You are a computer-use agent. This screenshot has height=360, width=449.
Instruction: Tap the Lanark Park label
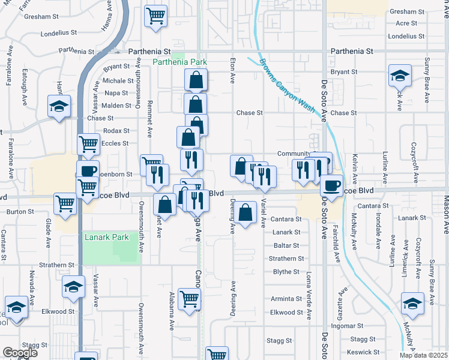(106, 238)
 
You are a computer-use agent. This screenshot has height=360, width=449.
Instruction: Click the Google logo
(20, 353)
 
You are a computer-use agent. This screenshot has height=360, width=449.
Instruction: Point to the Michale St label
(117, 80)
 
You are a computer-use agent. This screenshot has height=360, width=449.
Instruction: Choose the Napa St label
(116, 93)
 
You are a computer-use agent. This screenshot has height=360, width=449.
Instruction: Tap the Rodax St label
(116, 130)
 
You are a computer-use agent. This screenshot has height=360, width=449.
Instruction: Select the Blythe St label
(286, 272)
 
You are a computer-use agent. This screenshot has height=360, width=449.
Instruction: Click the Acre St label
(406, 23)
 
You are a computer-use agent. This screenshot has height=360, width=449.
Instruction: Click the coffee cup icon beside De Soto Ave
(331, 184)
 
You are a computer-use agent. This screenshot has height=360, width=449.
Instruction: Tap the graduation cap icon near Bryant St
(399, 75)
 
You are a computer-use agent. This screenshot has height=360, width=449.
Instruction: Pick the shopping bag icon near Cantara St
(245, 212)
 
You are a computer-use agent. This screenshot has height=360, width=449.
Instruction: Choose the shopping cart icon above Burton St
(65, 203)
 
